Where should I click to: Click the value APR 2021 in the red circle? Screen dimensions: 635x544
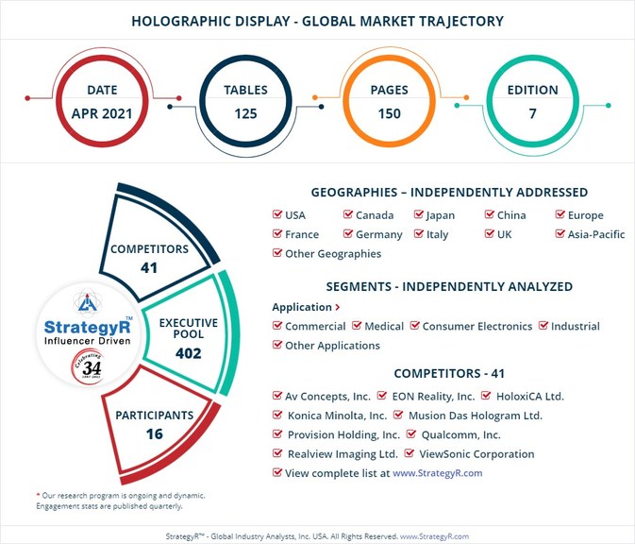(x=102, y=113)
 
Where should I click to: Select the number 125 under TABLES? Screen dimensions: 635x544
(x=246, y=113)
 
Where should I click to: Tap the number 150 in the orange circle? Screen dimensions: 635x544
(x=390, y=113)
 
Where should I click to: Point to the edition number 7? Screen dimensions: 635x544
(x=533, y=113)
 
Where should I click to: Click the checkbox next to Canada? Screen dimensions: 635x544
(x=348, y=214)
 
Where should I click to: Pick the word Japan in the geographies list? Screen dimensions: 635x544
(x=441, y=215)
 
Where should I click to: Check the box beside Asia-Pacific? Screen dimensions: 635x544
(x=560, y=233)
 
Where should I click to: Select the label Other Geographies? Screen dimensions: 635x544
(x=333, y=254)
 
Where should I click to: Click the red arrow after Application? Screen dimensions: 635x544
(x=338, y=307)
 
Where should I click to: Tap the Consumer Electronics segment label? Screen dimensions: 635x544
(x=477, y=327)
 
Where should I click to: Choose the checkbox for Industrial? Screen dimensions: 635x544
(x=543, y=325)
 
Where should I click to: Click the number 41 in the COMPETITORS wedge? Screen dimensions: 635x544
(x=149, y=267)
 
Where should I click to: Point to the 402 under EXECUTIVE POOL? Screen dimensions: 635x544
(x=189, y=353)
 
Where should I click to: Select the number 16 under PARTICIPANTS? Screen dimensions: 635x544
(x=155, y=434)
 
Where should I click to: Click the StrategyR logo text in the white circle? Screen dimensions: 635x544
(x=88, y=327)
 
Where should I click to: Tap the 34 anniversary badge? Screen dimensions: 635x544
(x=88, y=366)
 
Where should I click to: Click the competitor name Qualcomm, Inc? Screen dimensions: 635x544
(x=460, y=435)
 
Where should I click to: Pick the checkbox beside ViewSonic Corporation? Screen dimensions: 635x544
(x=409, y=452)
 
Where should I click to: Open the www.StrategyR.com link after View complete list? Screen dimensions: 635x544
(x=438, y=473)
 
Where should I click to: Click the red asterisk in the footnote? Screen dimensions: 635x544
(x=38, y=495)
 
